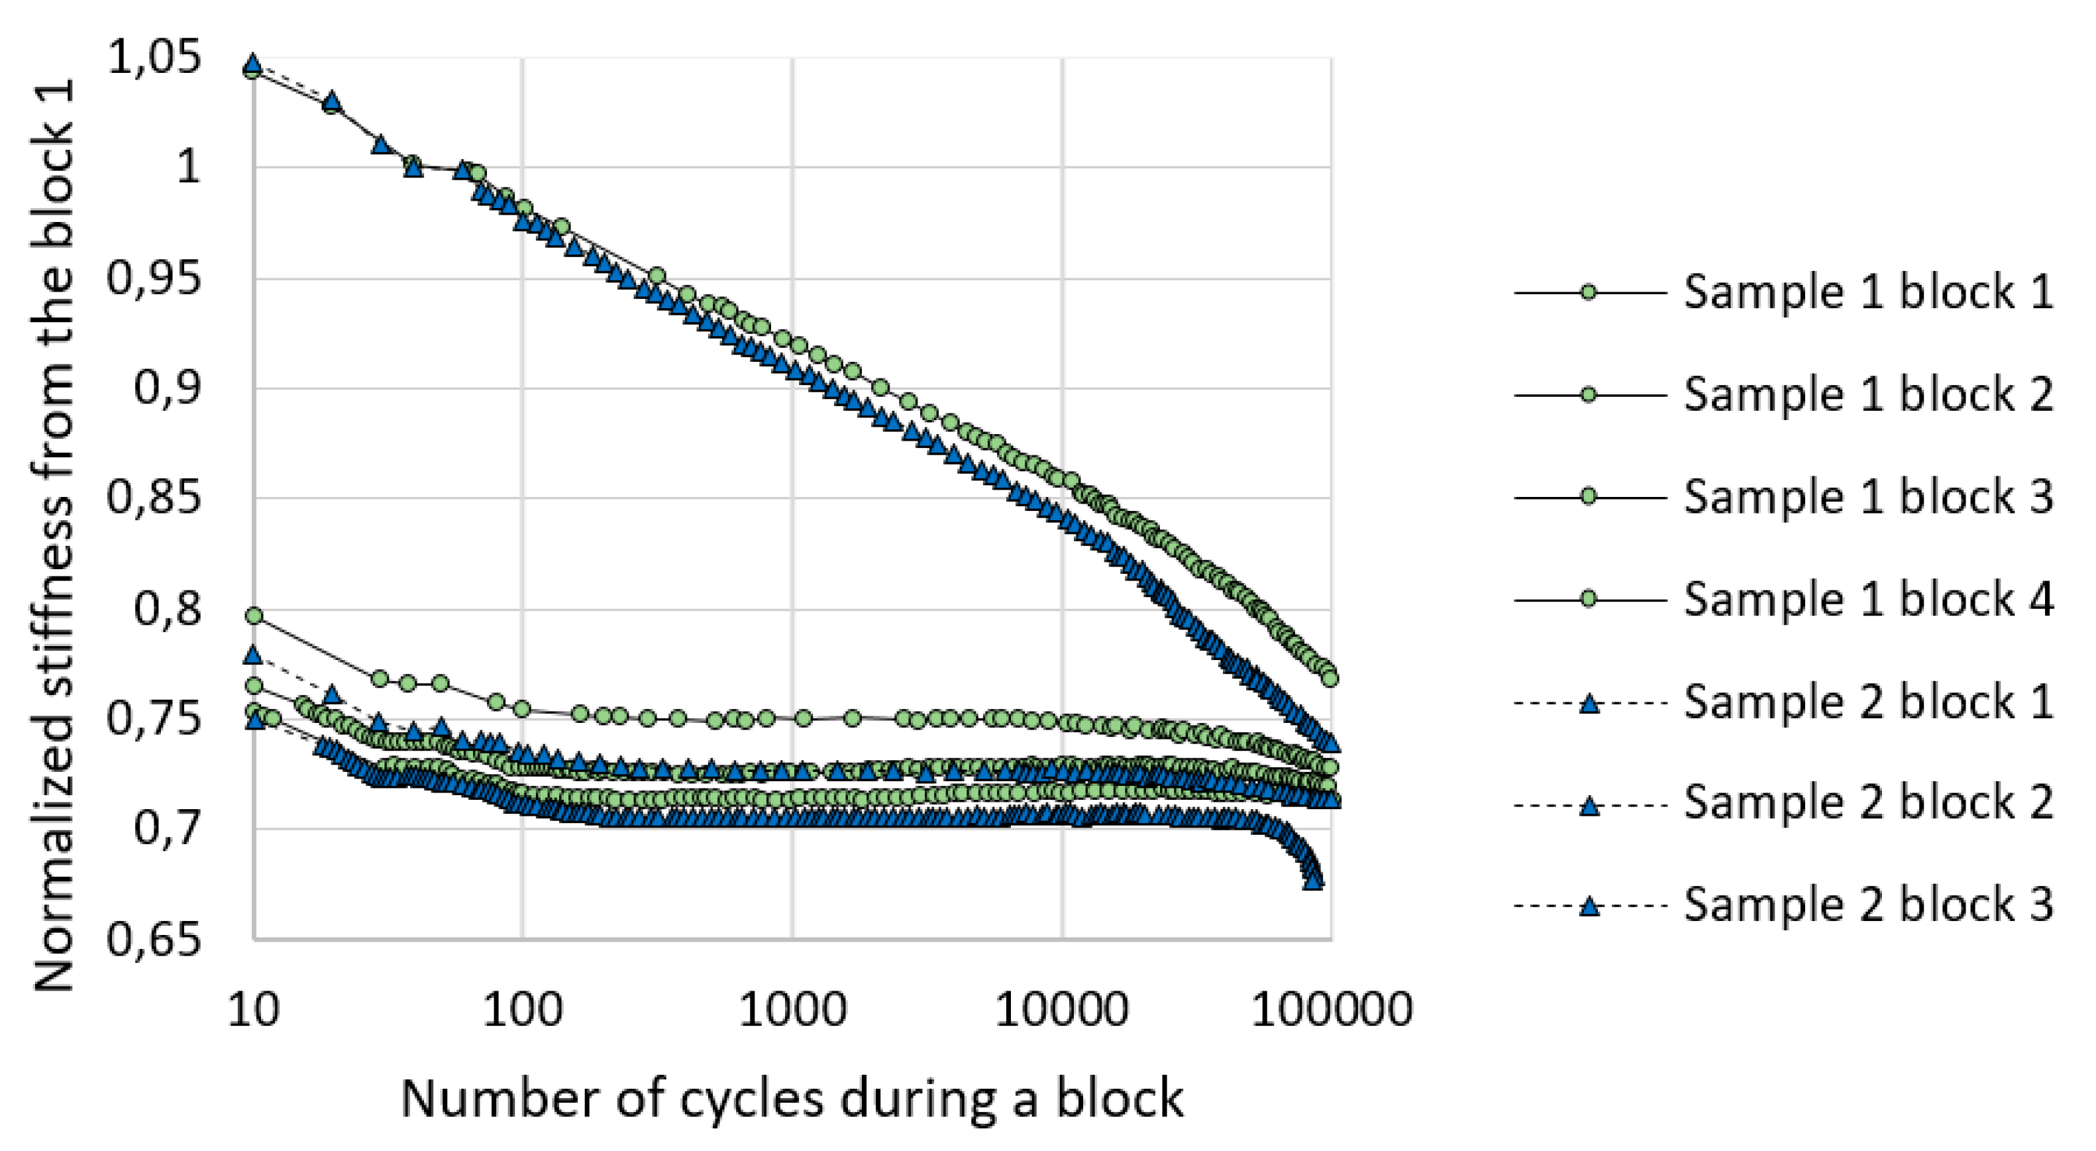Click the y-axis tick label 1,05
pos(154,60)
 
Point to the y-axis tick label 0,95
pos(154,279)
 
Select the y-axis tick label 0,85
pos(154,498)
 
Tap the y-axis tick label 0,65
pos(154,940)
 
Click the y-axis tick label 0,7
pos(167,829)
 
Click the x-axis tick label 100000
pos(1331,1010)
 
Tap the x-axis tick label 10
pos(253,1010)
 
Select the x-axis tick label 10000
pos(1062,1010)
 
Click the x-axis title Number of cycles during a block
pos(792,1098)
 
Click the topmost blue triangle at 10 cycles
pos(253,64)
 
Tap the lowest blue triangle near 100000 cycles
pos(1312,880)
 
